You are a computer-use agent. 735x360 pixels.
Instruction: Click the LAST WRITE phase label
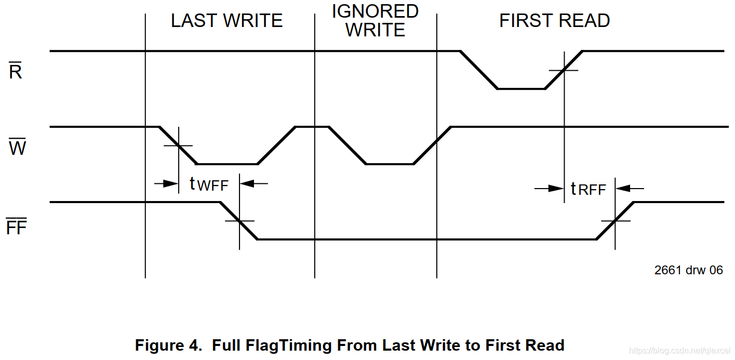(226, 21)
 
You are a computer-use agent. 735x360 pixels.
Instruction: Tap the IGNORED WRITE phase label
(375, 21)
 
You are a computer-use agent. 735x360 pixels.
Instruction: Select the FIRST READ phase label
(554, 21)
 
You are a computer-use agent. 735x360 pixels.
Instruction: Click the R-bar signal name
(16, 72)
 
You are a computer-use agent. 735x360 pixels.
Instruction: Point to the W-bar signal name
(17, 148)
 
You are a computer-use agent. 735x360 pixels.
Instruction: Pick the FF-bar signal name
(16, 227)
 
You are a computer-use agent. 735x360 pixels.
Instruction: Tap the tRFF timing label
(588, 189)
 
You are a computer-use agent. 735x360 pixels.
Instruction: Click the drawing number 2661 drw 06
(688, 270)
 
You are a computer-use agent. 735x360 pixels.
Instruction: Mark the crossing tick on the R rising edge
(564, 70)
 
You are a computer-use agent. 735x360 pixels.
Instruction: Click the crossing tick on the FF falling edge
(239, 221)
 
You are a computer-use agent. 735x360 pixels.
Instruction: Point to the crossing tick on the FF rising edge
(615, 221)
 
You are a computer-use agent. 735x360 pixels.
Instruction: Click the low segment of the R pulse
(521, 89)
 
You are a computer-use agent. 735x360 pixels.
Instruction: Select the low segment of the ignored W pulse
(390, 164)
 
